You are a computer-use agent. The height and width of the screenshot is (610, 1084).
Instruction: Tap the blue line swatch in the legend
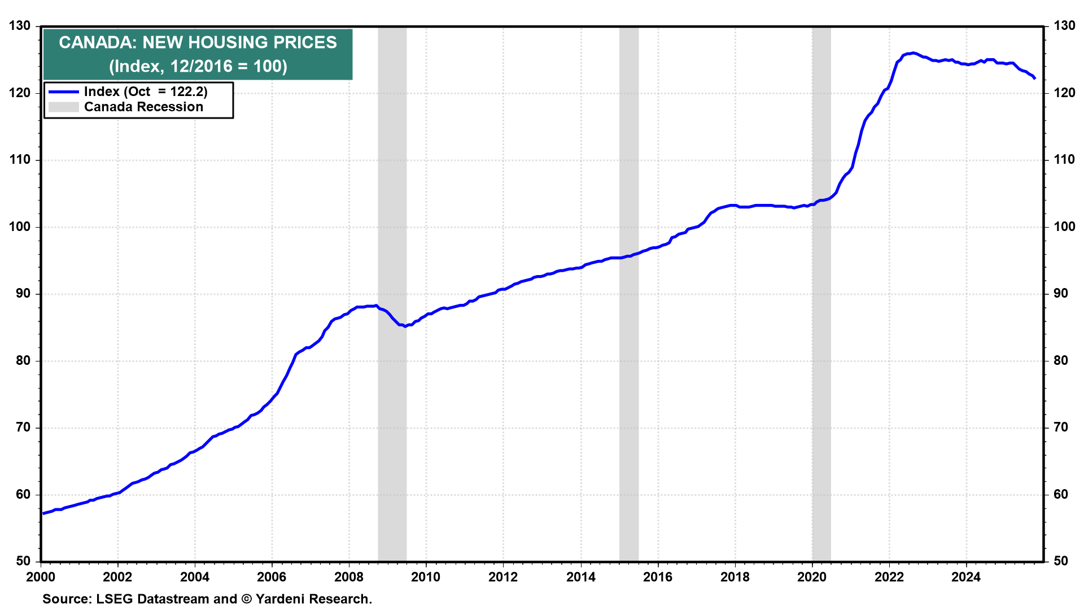click(x=63, y=92)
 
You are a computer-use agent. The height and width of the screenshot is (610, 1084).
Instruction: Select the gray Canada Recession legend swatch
click(x=63, y=107)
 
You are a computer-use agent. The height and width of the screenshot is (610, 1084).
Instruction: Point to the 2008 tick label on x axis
click(x=348, y=577)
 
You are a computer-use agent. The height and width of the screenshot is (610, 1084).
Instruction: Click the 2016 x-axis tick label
click(x=658, y=577)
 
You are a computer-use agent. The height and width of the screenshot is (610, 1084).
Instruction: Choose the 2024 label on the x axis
click(x=966, y=577)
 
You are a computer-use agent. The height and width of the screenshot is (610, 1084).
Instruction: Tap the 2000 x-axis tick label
click(x=41, y=577)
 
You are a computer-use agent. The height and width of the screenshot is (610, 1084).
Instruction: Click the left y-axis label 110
click(x=20, y=160)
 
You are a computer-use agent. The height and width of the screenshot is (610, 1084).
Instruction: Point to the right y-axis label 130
click(x=1064, y=26)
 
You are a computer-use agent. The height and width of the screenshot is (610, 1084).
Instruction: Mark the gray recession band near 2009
click(x=392, y=282)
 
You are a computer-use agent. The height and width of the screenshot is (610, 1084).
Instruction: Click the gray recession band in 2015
click(x=628, y=282)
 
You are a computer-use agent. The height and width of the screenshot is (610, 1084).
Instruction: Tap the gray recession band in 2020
click(x=821, y=282)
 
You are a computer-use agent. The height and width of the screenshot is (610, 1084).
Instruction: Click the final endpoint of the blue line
click(x=1034, y=79)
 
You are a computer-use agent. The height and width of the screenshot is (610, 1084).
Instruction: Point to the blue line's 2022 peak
click(x=913, y=53)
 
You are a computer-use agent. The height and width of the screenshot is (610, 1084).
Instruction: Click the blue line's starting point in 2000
click(x=43, y=513)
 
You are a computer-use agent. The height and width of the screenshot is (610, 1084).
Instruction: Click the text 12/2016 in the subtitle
click(x=201, y=67)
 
